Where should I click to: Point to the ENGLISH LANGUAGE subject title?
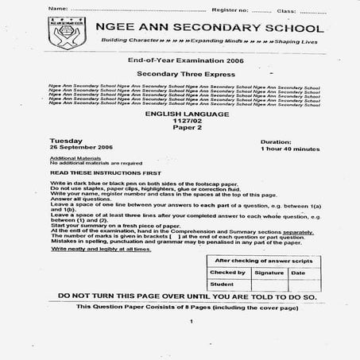(180, 114)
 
